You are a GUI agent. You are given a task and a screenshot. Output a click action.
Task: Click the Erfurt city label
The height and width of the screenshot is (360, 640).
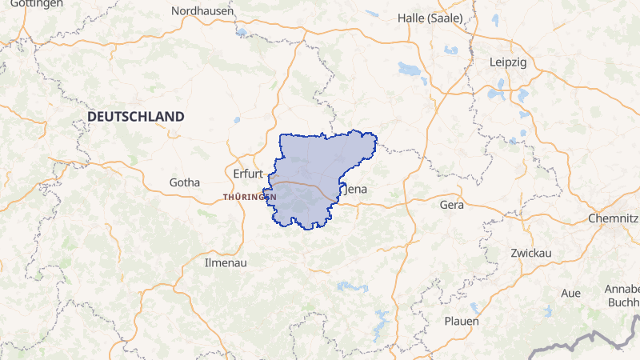(x=247, y=173)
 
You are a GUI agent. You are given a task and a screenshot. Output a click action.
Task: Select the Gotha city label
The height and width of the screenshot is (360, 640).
(x=184, y=182)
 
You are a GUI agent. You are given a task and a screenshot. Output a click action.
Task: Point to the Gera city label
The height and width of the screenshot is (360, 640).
(x=452, y=205)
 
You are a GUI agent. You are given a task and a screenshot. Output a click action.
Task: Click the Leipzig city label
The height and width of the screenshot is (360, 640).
(x=508, y=62)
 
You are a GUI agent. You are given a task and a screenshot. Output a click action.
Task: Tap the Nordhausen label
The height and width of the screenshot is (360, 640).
(x=202, y=11)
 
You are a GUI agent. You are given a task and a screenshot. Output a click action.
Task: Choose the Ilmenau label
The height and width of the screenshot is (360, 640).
(x=226, y=262)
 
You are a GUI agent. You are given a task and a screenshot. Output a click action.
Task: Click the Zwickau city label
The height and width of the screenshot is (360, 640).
(x=530, y=253)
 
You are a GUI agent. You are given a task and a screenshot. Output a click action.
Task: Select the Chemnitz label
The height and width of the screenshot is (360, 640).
(x=613, y=218)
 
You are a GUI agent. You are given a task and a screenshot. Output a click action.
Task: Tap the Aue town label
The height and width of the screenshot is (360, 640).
(x=570, y=293)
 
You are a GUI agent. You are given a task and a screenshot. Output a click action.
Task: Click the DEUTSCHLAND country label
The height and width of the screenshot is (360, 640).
(x=135, y=117)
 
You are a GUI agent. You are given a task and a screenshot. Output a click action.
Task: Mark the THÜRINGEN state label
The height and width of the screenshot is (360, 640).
(x=250, y=197)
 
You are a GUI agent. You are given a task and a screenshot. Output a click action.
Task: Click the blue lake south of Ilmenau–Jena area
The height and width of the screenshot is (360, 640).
(x=352, y=286)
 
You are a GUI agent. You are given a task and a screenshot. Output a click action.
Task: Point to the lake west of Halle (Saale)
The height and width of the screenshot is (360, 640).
(x=409, y=69)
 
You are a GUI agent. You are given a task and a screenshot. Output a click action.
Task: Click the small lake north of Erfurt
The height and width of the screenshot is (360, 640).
(x=237, y=121)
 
